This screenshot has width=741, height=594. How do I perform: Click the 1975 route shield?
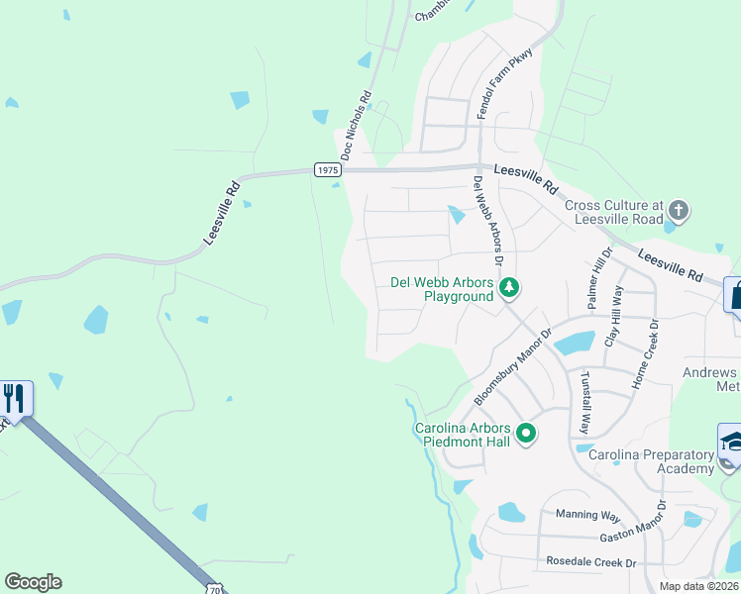coord(328,170)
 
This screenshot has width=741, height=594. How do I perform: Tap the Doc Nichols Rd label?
coord(355,126)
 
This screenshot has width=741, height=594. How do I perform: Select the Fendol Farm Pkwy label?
coord(506,83)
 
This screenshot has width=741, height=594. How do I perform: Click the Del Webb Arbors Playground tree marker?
coord(509,288)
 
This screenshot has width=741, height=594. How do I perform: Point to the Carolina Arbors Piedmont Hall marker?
coord(526,434)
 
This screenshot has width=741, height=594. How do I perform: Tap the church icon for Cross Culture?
coord(678,210)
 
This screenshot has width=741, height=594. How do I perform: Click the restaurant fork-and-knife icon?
coord(14,398)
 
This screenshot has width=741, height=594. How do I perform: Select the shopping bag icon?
coord(736,294)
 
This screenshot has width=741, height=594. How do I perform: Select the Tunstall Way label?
coord(585,403)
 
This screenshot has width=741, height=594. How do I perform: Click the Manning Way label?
coord(587,515)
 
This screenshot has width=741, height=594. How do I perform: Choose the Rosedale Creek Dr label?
coord(590,561)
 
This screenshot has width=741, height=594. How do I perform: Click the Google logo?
coord(33,582)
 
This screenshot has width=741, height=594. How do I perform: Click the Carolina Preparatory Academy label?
coord(651,461)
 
